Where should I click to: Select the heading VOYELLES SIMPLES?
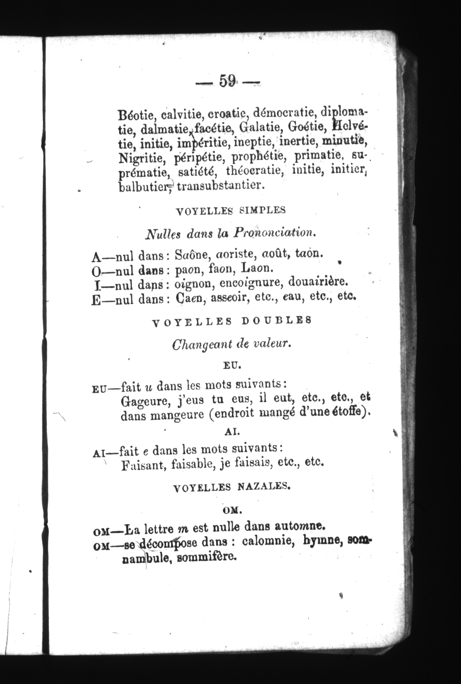coord(230,211)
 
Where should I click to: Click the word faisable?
coord(193,464)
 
